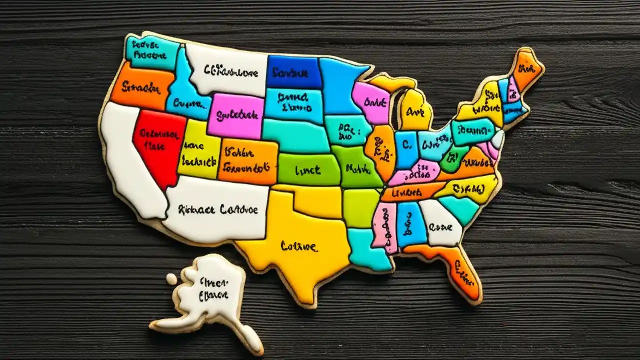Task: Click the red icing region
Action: tap(157, 145)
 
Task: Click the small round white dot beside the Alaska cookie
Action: tap(171, 279)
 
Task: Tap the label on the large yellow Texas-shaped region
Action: tap(298, 246)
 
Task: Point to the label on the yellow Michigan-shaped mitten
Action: tap(414, 111)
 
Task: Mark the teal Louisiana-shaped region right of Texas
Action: tap(367, 250)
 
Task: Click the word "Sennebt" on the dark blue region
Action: tap(290, 73)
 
